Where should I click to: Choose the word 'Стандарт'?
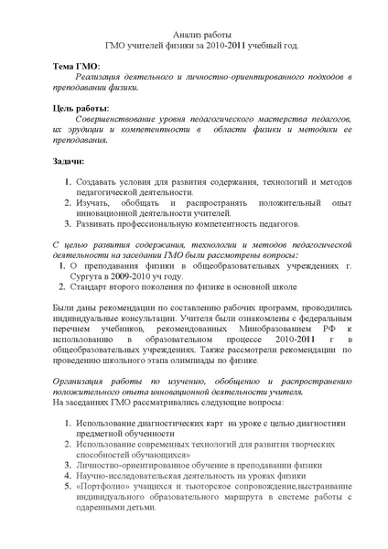(x=92, y=290)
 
